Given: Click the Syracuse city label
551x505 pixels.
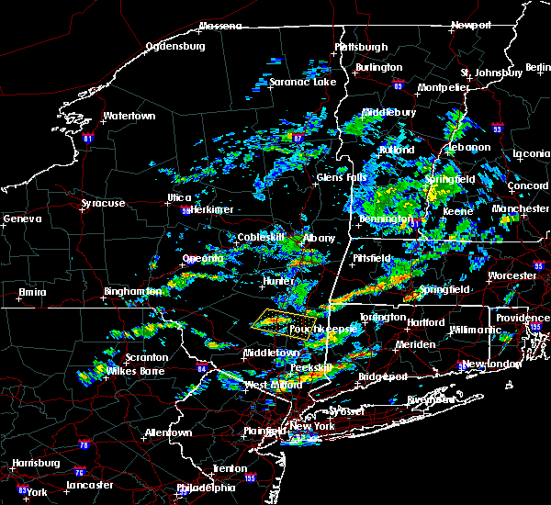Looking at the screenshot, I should (104, 202).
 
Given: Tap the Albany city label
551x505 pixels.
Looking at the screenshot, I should (320, 238).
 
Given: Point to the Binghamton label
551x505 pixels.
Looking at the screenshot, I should (131, 291).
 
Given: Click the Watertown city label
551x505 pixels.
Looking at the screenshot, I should (129, 117).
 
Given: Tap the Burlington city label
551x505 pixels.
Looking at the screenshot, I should (380, 67).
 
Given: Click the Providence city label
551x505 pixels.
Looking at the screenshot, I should (523, 318).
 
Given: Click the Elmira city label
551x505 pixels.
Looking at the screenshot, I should (32, 293).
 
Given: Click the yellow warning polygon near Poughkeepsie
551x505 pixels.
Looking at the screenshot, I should (275, 321).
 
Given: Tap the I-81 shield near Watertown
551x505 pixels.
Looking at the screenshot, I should (88, 139).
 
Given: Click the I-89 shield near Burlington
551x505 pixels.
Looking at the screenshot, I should (399, 83).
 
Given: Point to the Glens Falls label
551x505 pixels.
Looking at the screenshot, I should (340, 177).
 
